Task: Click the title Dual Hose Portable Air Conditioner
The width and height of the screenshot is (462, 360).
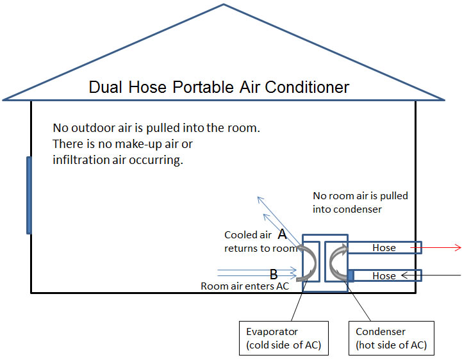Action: click(219, 87)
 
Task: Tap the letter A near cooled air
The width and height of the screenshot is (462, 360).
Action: click(282, 234)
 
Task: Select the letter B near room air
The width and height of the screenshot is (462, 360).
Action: click(274, 275)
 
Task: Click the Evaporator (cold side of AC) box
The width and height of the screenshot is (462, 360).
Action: click(283, 337)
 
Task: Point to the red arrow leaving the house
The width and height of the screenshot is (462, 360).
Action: click(442, 247)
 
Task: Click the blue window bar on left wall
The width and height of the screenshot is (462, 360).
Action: click(28, 195)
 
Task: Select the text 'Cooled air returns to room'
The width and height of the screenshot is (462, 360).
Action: click(260, 241)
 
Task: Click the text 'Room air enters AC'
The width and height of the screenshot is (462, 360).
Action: click(245, 286)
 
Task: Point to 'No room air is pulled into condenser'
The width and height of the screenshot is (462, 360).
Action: click(359, 202)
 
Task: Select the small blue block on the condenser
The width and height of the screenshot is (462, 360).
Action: click(351, 275)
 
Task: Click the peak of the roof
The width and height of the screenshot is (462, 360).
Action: click(224, 5)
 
